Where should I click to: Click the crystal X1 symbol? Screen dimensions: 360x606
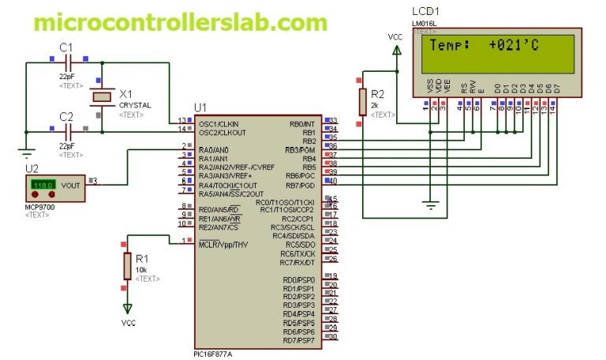[x=101, y=97]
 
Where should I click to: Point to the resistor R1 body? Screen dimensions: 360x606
[x=127, y=267]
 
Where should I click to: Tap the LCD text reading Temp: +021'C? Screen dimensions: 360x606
[x=483, y=46]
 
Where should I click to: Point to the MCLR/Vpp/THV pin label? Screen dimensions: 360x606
[x=223, y=245]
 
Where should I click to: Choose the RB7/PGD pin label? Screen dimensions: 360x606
[x=300, y=184]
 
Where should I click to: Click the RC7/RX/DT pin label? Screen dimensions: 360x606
[x=299, y=262]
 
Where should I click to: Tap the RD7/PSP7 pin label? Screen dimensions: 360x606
[x=299, y=340]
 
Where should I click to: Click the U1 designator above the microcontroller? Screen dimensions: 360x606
[x=200, y=107]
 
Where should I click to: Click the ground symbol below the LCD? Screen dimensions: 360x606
[x=431, y=206]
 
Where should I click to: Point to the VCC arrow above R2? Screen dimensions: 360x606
[x=395, y=49]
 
